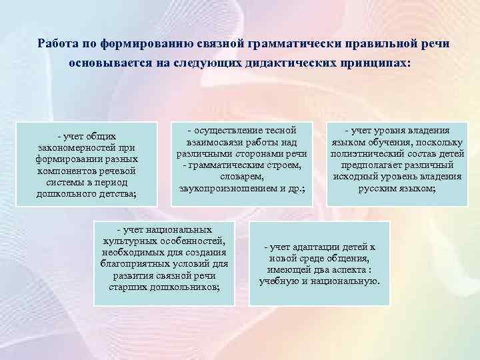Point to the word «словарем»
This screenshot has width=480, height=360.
pos(241,177)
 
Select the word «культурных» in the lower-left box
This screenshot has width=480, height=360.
pos(128,240)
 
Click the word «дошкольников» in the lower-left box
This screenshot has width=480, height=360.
pos(187,286)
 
